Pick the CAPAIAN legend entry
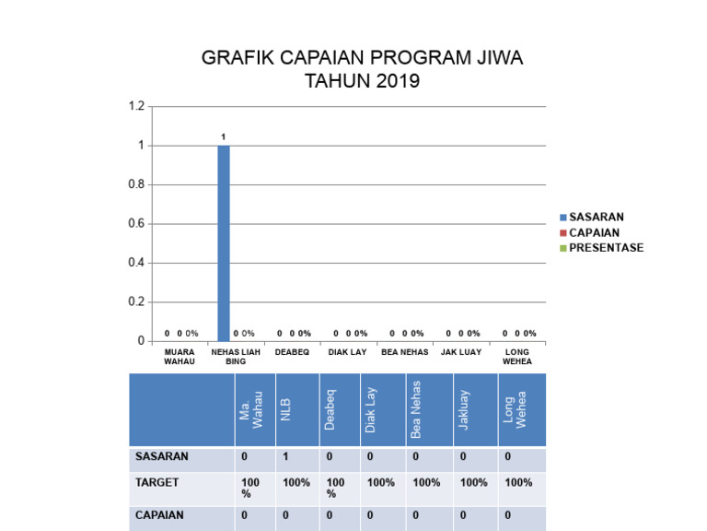click(x=594, y=233)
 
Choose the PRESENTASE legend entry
click(x=606, y=248)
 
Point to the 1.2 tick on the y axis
click(x=136, y=107)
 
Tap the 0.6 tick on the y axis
click(x=136, y=224)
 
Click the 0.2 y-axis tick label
click(x=136, y=302)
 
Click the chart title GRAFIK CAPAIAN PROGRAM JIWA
click(x=362, y=59)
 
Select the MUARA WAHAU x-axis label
click(x=180, y=357)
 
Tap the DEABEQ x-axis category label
click(x=292, y=352)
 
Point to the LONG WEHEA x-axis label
click(x=517, y=357)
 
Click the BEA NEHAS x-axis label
click(x=405, y=352)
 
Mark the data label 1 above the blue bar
click(x=224, y=136)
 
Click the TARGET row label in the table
click(x=157, y=482)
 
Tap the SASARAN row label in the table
click(x=162, y=456)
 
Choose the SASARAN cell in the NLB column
click(x=285, y=456)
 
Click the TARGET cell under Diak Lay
click(x=380, y=482)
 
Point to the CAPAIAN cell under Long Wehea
click(x=507, y=515)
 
